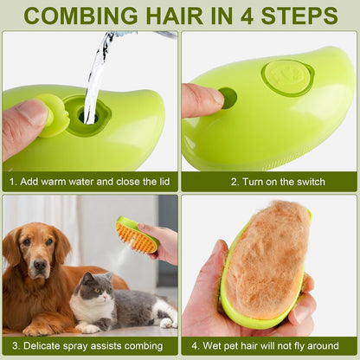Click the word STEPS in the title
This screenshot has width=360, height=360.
pos(299,16)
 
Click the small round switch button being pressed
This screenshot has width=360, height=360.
pos(228,97)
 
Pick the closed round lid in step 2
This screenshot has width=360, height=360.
pos(288,77)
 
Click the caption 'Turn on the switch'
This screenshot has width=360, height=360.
pos(278,182)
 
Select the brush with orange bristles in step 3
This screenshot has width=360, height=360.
pos(137,235)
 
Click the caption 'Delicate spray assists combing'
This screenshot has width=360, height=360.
pos(89,345)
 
